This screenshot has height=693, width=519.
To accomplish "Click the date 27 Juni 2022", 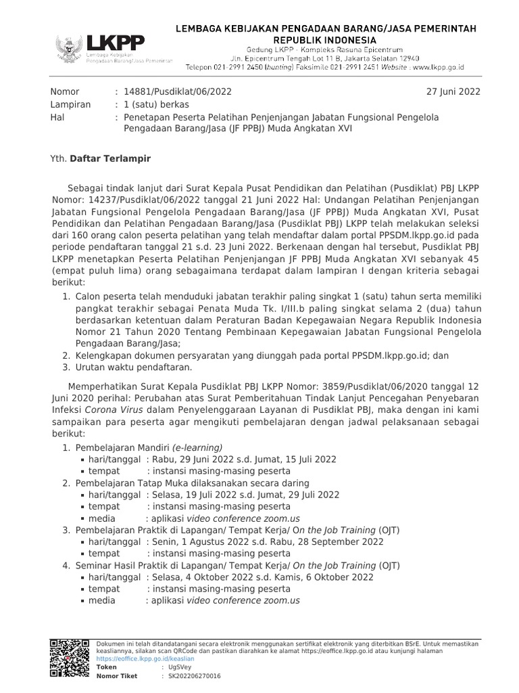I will [x=453, y=92].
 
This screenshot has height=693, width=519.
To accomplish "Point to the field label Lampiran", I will [x=70, y=105].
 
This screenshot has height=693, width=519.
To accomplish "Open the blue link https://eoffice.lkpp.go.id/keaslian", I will [x=145, y=658].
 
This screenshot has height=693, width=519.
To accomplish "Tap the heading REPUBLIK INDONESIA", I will [x=326, y=40].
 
